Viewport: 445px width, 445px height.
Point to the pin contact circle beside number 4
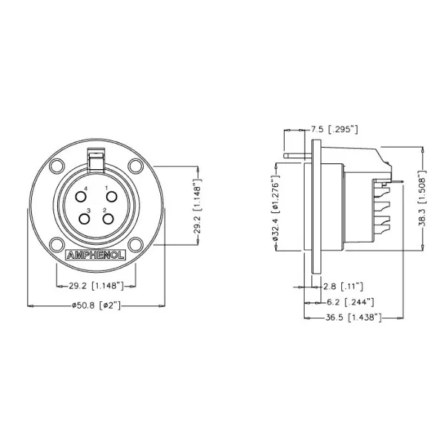coord(81,197)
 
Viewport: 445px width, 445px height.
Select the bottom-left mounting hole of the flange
coord(57,244)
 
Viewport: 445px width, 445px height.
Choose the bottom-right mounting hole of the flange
coord(135,244)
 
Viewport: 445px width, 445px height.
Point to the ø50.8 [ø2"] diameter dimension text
coord(96,305)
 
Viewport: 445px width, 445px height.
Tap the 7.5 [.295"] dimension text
coord(333,130)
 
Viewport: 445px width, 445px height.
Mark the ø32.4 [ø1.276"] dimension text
coord(275,210)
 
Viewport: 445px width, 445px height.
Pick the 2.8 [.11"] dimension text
coord(342,286)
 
